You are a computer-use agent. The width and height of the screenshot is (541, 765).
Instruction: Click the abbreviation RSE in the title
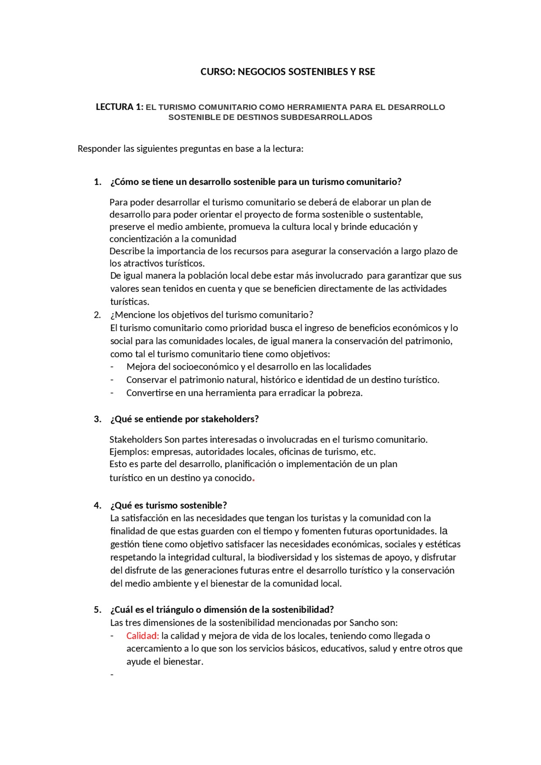click(x=366, y=72)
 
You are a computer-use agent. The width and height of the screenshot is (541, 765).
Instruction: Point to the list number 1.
click(x=98, y=182)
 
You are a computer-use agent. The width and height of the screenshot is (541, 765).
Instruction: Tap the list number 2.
click(x=98, y=315)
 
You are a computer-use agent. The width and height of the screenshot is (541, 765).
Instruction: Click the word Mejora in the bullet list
click(x=141, y=367)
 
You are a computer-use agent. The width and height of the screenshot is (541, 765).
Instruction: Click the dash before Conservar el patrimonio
click(x=112, y=380)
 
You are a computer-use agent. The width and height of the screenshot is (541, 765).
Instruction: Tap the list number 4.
click(x=98, y=506)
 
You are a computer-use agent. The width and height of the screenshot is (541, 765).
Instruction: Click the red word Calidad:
click(x=142, y=636)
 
